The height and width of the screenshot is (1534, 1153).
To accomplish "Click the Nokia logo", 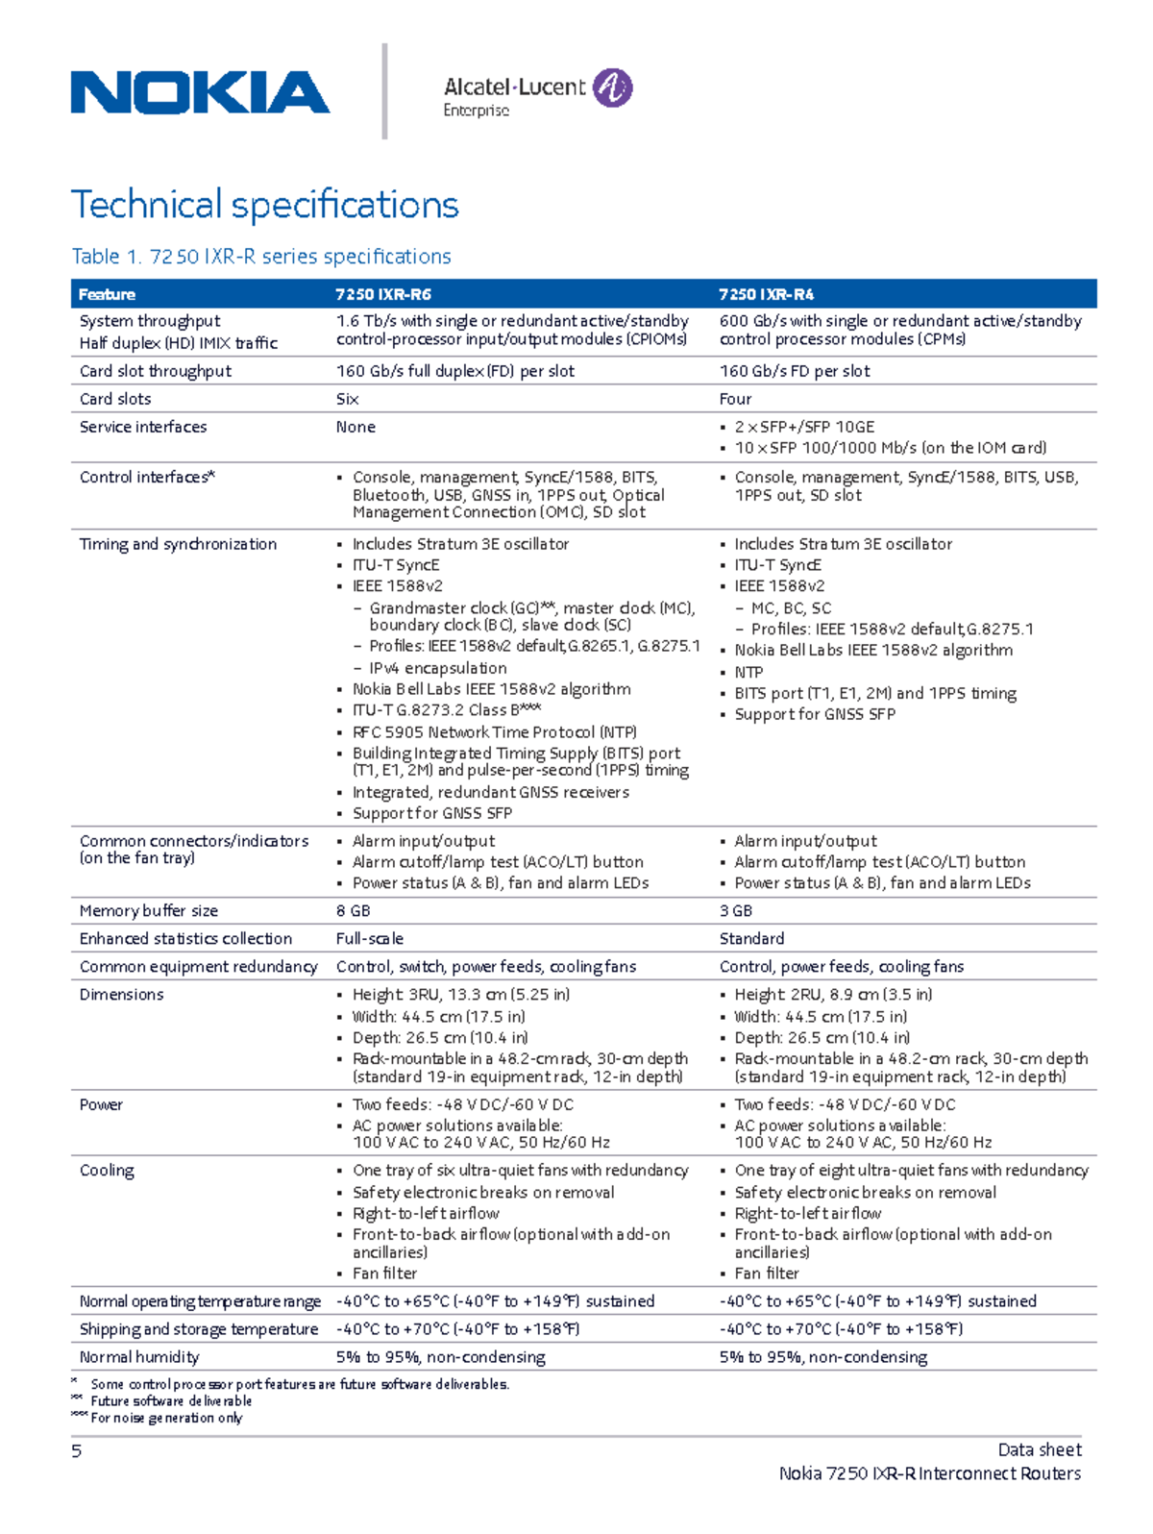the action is coord(200,92).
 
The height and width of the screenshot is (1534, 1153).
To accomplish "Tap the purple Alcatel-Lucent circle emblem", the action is coord(612,87).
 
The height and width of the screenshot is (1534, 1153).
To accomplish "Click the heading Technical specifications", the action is coord(265,205).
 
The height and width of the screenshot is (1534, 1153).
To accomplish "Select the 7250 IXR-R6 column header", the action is coord(377,294).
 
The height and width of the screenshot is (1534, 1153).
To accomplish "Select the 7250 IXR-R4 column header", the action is coord(766,294).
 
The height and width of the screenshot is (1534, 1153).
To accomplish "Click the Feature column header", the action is coord(107,294).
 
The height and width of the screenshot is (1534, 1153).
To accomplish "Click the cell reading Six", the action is coord(347,399).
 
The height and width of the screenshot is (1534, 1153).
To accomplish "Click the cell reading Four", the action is coord(735,399).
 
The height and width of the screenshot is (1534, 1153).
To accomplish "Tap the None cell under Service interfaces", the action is coord(356,427).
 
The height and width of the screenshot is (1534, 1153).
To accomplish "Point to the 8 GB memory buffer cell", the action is coord(353,910).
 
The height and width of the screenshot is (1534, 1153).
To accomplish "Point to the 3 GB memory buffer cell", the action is coord(736,910).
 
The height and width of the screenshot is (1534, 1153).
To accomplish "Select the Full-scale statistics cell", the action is coord(369,938).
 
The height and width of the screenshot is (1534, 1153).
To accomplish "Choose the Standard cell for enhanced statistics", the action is coord(751,938).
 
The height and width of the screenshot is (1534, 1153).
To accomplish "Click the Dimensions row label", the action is coord(121,994).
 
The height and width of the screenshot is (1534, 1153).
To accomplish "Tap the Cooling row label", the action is coord(107,1170).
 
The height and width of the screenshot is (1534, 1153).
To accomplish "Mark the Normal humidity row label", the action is coord(139,1357).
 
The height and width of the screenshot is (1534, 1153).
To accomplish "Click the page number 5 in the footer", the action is coord(77,1451).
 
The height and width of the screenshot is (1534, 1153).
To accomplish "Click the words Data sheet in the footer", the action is coord(1040,1449).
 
